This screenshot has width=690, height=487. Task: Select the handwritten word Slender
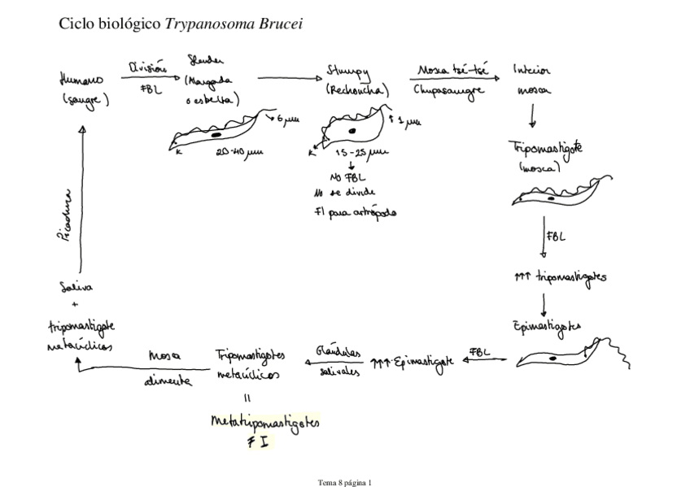coord(205,63)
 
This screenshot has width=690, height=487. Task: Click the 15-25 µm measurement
coord(360,153)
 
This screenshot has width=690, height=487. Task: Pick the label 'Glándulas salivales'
coord(334,361)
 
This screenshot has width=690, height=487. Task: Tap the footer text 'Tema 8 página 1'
coord(344,482)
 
